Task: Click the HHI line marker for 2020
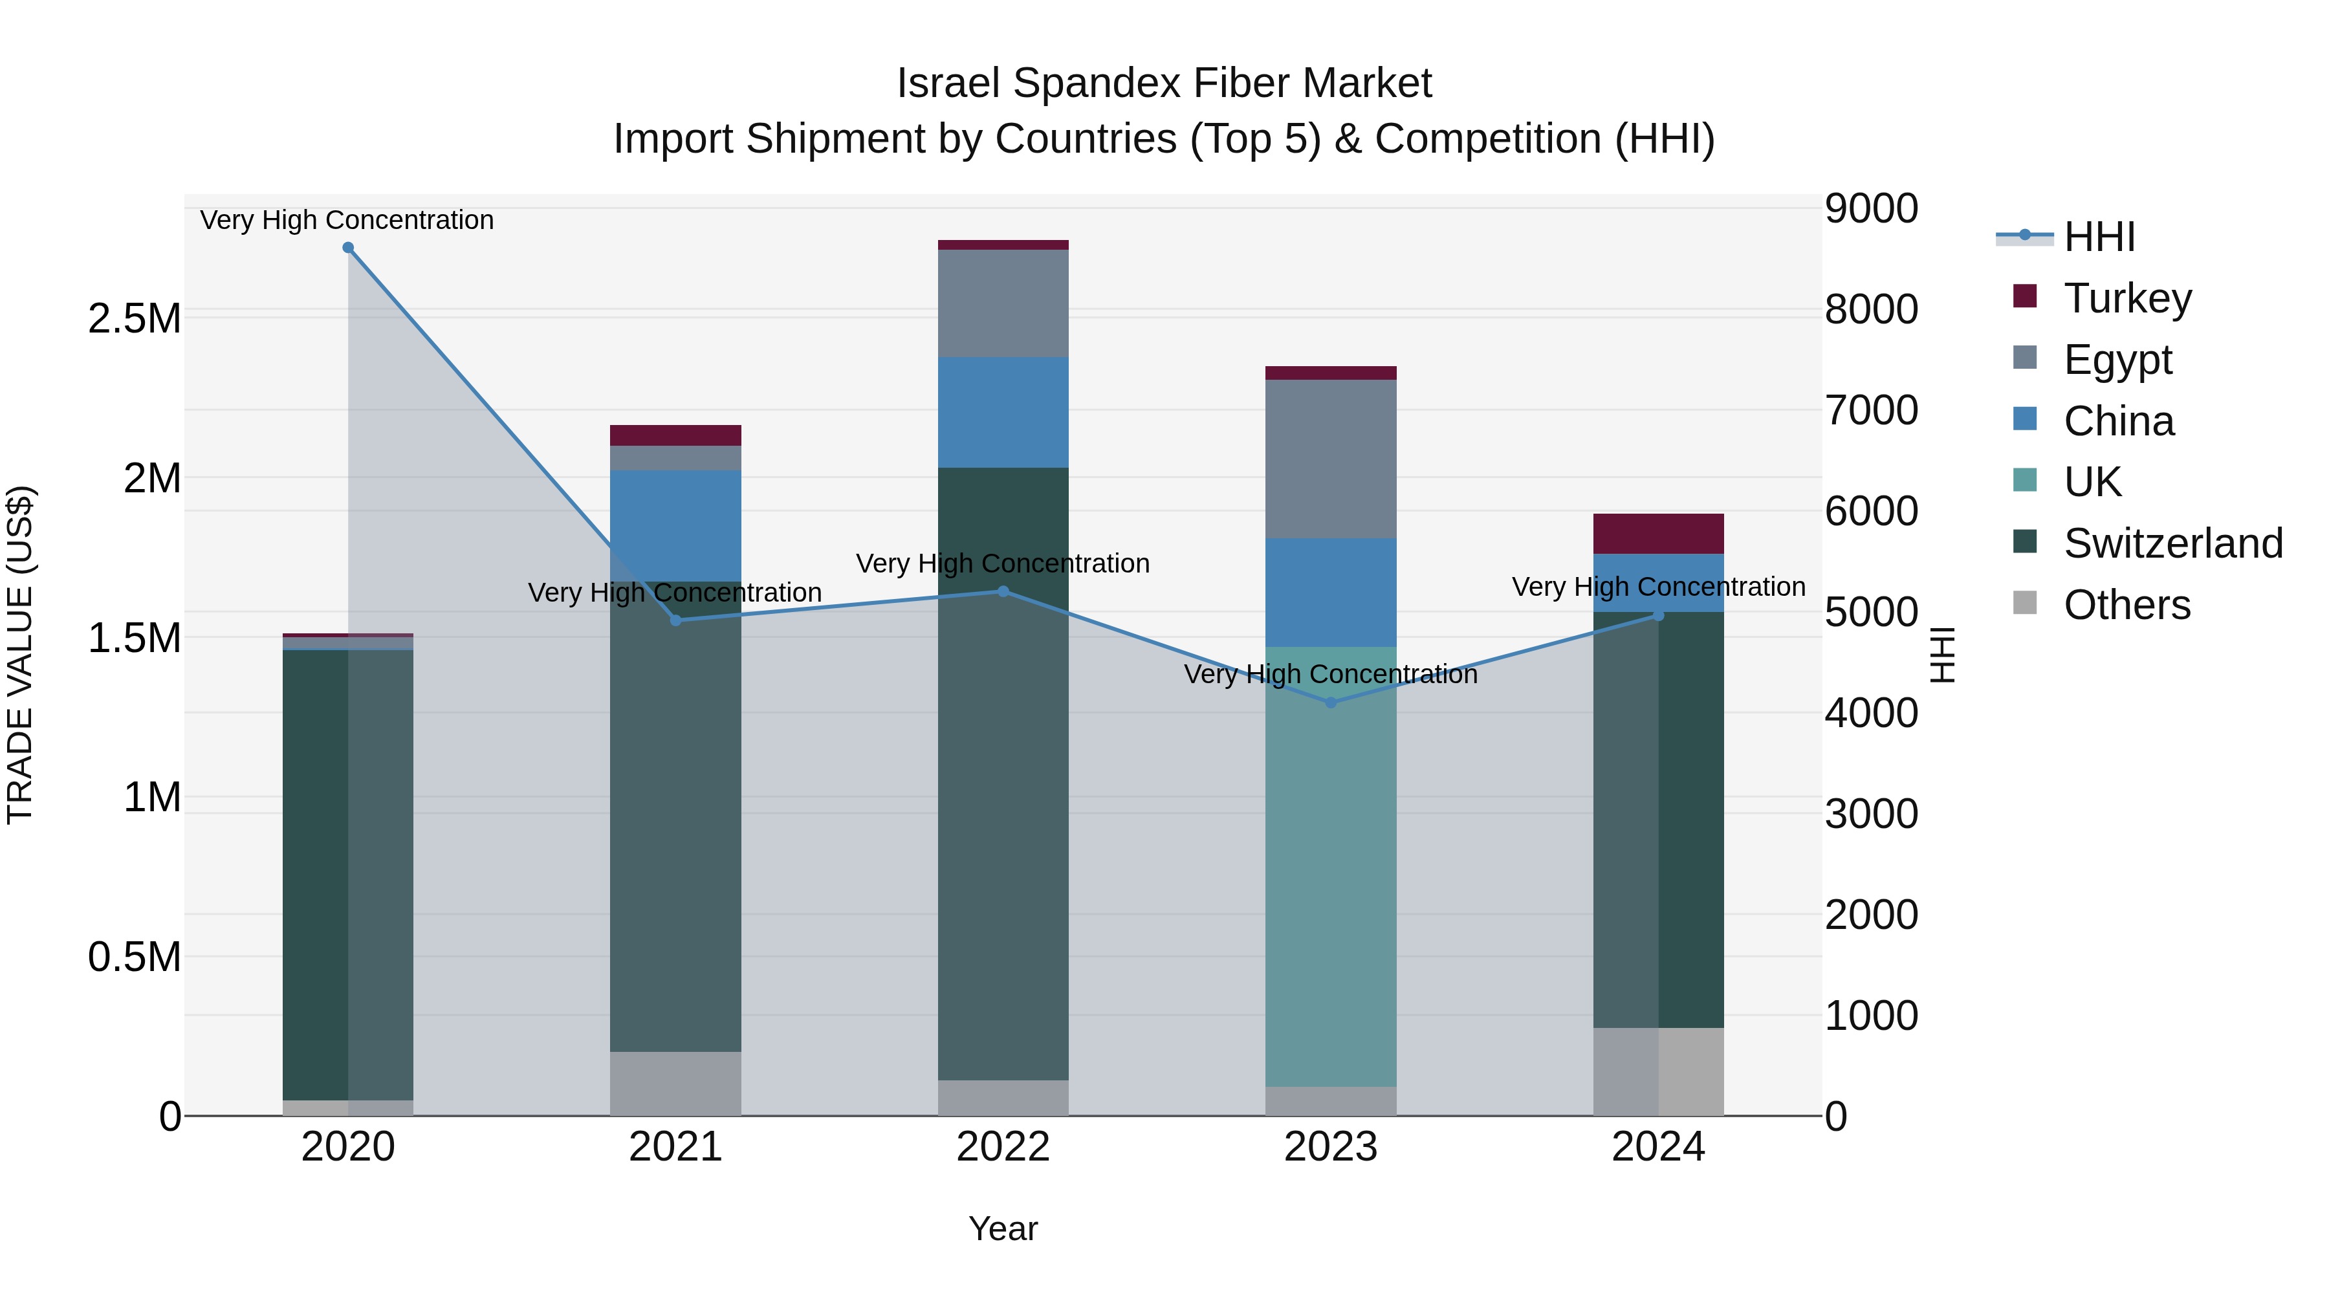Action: (348, 248)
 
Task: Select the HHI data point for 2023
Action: (1330, 703)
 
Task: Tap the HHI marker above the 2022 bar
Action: (1003, 591)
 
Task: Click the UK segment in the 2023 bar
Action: (1330, 868)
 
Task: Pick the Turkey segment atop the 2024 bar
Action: (1657, 534)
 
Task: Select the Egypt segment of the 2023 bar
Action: (1330, 459)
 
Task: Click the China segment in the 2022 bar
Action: (1003, 412)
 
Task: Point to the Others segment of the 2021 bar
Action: (675, 1083)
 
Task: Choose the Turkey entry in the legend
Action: (2127, 298)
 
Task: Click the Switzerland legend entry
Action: (2172, 543)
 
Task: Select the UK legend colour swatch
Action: (2025, 480)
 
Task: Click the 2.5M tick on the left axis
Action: (135, 319)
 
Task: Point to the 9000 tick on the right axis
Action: (1870, 209)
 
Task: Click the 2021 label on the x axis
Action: (675, 1147)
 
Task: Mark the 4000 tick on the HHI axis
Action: (1870, 714)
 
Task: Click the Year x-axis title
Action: (1003, 1228)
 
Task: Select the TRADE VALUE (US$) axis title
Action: (20, 655)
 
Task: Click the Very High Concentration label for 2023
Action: (1330, 675)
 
